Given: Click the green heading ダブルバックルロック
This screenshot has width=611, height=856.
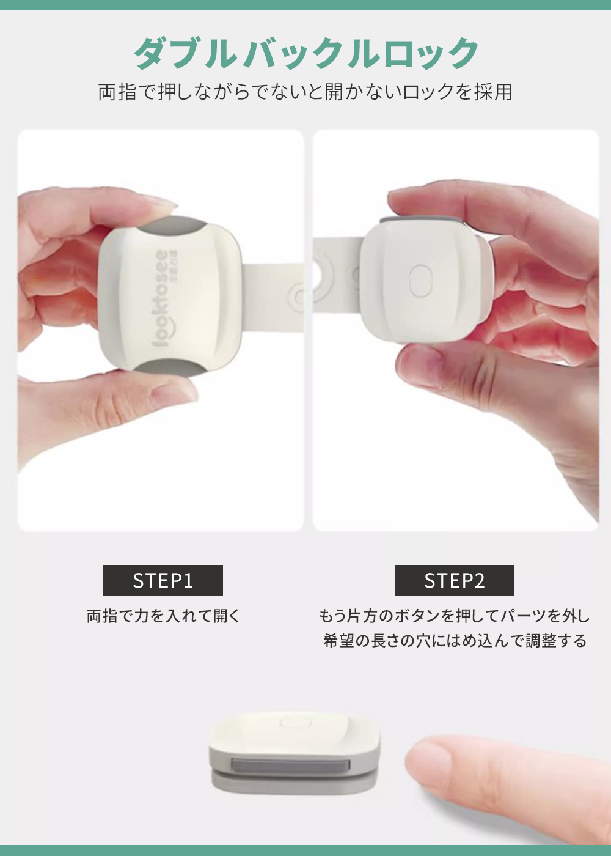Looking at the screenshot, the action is click(x=306, y=54).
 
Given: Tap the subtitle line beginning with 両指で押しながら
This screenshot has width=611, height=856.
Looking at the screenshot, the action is click(x=305, y=92).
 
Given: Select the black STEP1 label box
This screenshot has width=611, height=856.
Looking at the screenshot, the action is click(x=163, y=580).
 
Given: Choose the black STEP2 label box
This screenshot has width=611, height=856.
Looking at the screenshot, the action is click(x=455, y=580).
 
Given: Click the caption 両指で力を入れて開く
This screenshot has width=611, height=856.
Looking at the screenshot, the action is click(x=164, y=616).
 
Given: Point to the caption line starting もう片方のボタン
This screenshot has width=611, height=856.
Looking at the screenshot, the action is click(x=455, y=616).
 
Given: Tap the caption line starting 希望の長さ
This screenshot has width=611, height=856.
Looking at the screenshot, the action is click(x=455, y=641).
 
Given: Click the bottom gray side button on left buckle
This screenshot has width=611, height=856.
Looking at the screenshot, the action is click(x=172, y=367).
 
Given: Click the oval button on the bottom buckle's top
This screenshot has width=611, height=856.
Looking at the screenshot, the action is click(x=296, y=723).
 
